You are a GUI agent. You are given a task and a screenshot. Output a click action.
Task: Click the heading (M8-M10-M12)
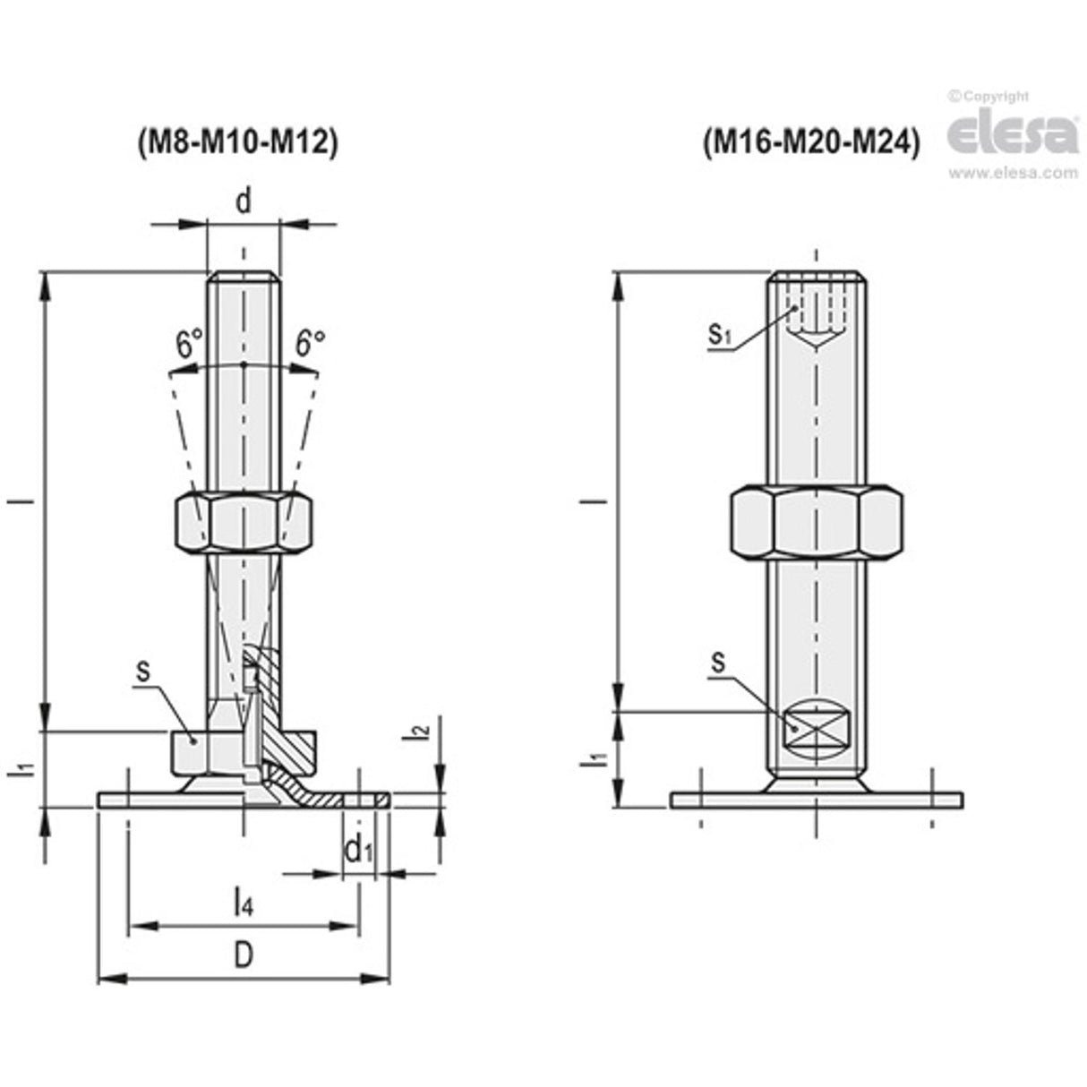pos(237,144)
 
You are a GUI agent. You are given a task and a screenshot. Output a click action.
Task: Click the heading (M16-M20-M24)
pos(812,142)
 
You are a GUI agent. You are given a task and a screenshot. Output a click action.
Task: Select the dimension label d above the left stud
pos(243,201)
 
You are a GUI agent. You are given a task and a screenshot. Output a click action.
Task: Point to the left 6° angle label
pos(189,345)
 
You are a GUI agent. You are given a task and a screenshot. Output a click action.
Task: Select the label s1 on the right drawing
pos(721,335)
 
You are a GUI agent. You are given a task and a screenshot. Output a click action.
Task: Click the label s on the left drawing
pos(141,670)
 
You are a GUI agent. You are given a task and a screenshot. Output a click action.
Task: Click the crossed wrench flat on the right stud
pos(816,726)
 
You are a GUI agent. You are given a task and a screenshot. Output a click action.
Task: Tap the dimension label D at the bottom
pos(243,956)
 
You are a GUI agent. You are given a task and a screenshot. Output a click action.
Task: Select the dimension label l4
pos(243,902)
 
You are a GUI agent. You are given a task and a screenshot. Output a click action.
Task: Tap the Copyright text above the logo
pos(989,96)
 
